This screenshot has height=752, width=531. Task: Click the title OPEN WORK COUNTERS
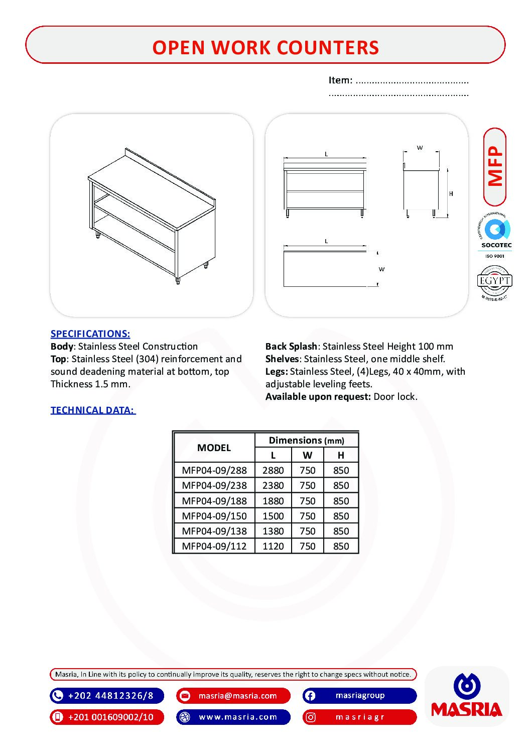click(x=265, y=47)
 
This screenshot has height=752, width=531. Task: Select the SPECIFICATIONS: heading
click(x=90, y=334)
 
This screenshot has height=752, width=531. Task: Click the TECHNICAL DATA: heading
click(x=93, y=410)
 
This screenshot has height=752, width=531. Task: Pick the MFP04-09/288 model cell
click(x=214, y=470)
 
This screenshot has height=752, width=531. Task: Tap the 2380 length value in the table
click(x=273, y=485)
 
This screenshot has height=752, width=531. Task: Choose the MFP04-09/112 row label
click(x=214, y=546)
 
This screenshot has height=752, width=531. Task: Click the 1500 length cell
click(x=273, y=516)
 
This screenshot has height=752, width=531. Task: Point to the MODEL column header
click(x=214, y=448)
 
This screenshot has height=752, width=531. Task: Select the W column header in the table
click(x=307, y=455)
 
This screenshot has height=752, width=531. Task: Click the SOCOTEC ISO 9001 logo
click(x=495, y=236)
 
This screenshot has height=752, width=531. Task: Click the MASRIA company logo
click(x=466, y=696)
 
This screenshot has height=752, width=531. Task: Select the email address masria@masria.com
click(x=237, y=696)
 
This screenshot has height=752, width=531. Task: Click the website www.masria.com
click(x=238, y=717)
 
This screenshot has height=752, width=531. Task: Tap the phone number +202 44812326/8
click(x=110, y=696)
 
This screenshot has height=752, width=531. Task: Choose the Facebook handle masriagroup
click(x=360, y=696)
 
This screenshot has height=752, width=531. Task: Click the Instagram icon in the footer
click(x=311, y=717)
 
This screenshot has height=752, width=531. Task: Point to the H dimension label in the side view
click(x=451, y=193)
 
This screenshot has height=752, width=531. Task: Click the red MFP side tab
click(x=495, y=166)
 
